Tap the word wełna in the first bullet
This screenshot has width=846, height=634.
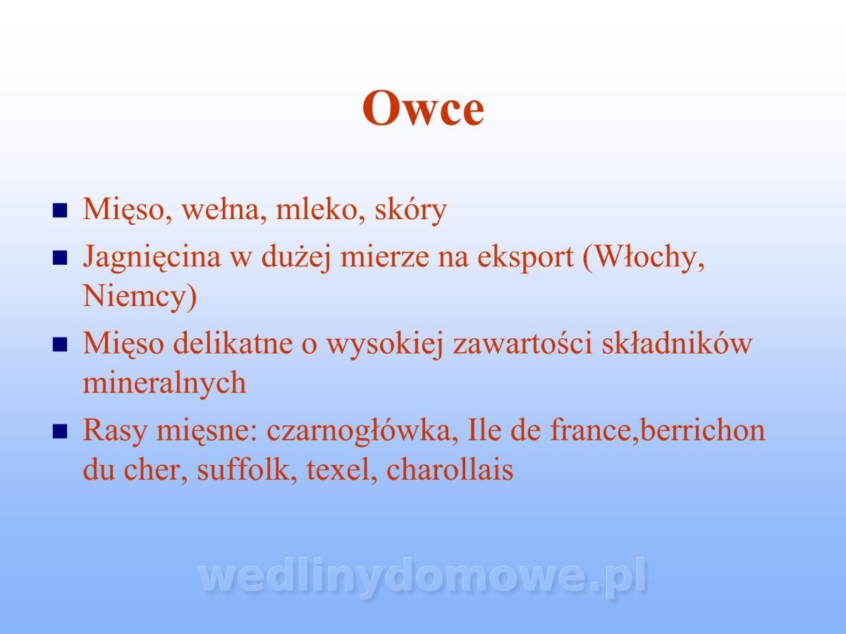224,210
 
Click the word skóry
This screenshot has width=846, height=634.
410,211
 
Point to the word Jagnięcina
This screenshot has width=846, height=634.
152,258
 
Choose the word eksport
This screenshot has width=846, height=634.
525,258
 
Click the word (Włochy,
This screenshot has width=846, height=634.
644,258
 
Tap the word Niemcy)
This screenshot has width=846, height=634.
140,297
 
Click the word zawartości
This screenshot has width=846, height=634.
522,344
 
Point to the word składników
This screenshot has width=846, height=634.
677,343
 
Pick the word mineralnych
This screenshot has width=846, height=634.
164,383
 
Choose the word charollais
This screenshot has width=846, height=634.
450,469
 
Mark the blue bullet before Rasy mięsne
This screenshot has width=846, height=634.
60,432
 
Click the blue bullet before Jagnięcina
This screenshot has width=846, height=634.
60,259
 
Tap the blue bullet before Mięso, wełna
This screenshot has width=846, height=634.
60,211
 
